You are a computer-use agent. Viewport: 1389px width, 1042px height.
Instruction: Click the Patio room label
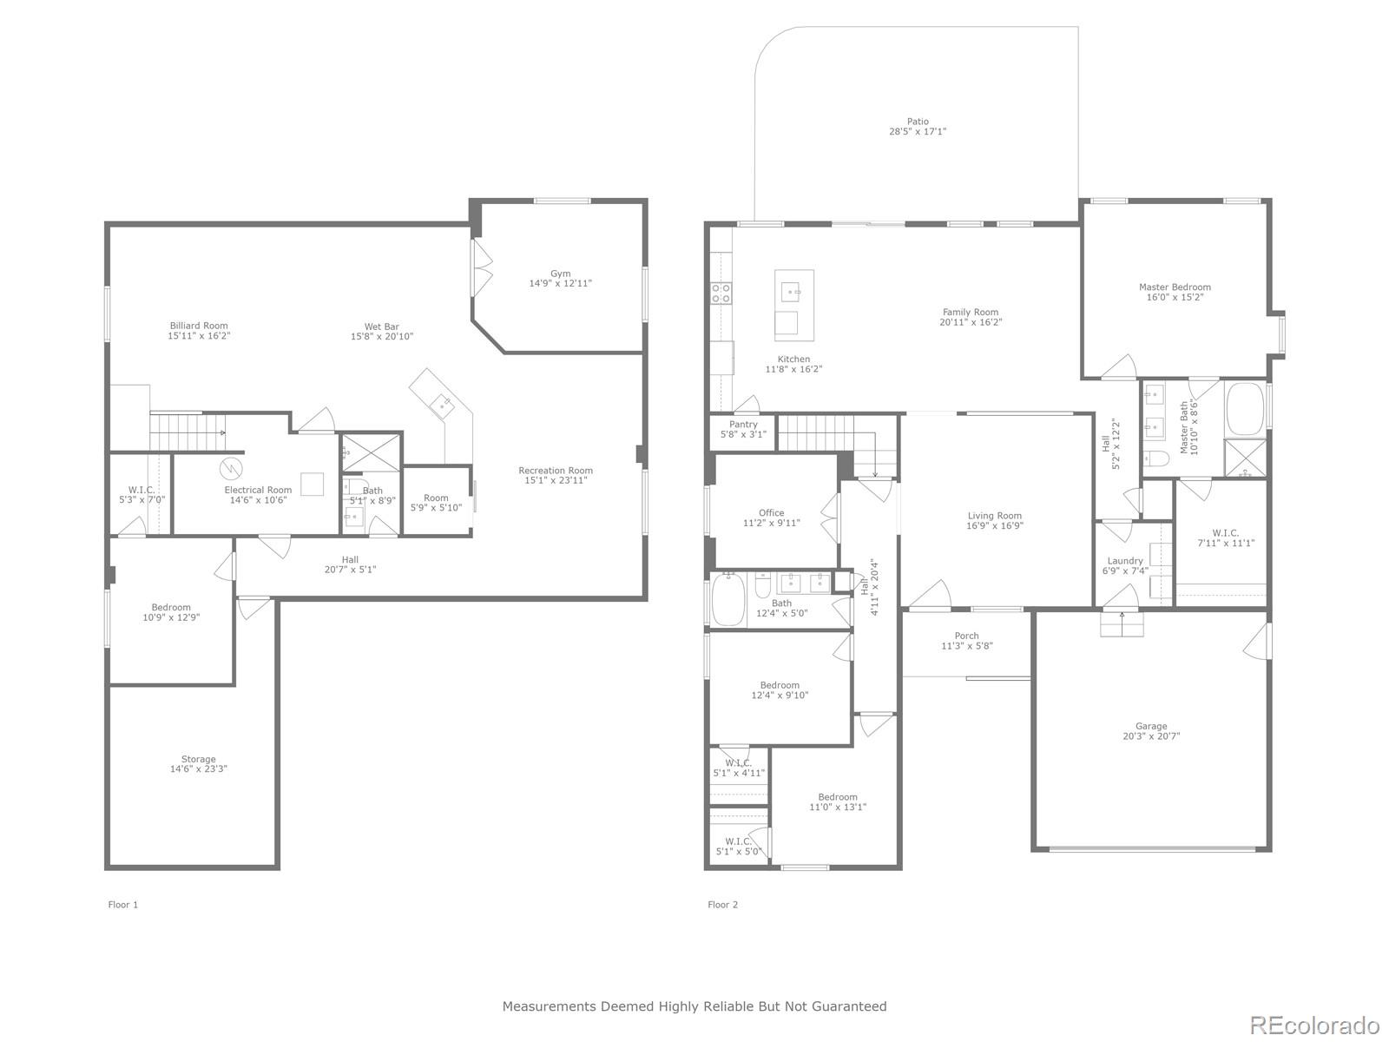tap(918, 122)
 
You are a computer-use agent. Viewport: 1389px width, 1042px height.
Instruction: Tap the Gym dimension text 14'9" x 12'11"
tap(561, 283)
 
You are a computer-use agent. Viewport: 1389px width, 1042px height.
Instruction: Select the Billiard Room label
tap(199, 326)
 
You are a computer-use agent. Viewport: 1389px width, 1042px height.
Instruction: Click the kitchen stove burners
tap(721, 293)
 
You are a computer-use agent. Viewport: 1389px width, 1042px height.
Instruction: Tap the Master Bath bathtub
tap(1245, 407)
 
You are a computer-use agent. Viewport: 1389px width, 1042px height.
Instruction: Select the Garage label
tap(1151, 726)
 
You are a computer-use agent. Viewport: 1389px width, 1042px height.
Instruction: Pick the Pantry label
tap(743, 425)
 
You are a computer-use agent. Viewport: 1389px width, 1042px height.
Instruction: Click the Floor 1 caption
tap(123, 905)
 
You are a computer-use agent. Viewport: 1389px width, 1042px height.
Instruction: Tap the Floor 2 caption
tap(722, 905)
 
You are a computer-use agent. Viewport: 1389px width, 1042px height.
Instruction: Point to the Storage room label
tap(199, 759)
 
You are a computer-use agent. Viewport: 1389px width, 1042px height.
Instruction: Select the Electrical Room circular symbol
tap(231, 469)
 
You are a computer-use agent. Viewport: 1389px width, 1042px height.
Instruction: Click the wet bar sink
tap(444, 403)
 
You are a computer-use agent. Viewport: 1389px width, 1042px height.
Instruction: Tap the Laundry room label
tap(1125, 561)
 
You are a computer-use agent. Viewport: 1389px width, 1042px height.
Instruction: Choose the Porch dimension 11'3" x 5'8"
tap(966, 646)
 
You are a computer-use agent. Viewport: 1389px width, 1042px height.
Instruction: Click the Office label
tap(771, 513)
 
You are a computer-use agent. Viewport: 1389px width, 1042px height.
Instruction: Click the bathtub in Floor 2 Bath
tap(727, 599)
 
